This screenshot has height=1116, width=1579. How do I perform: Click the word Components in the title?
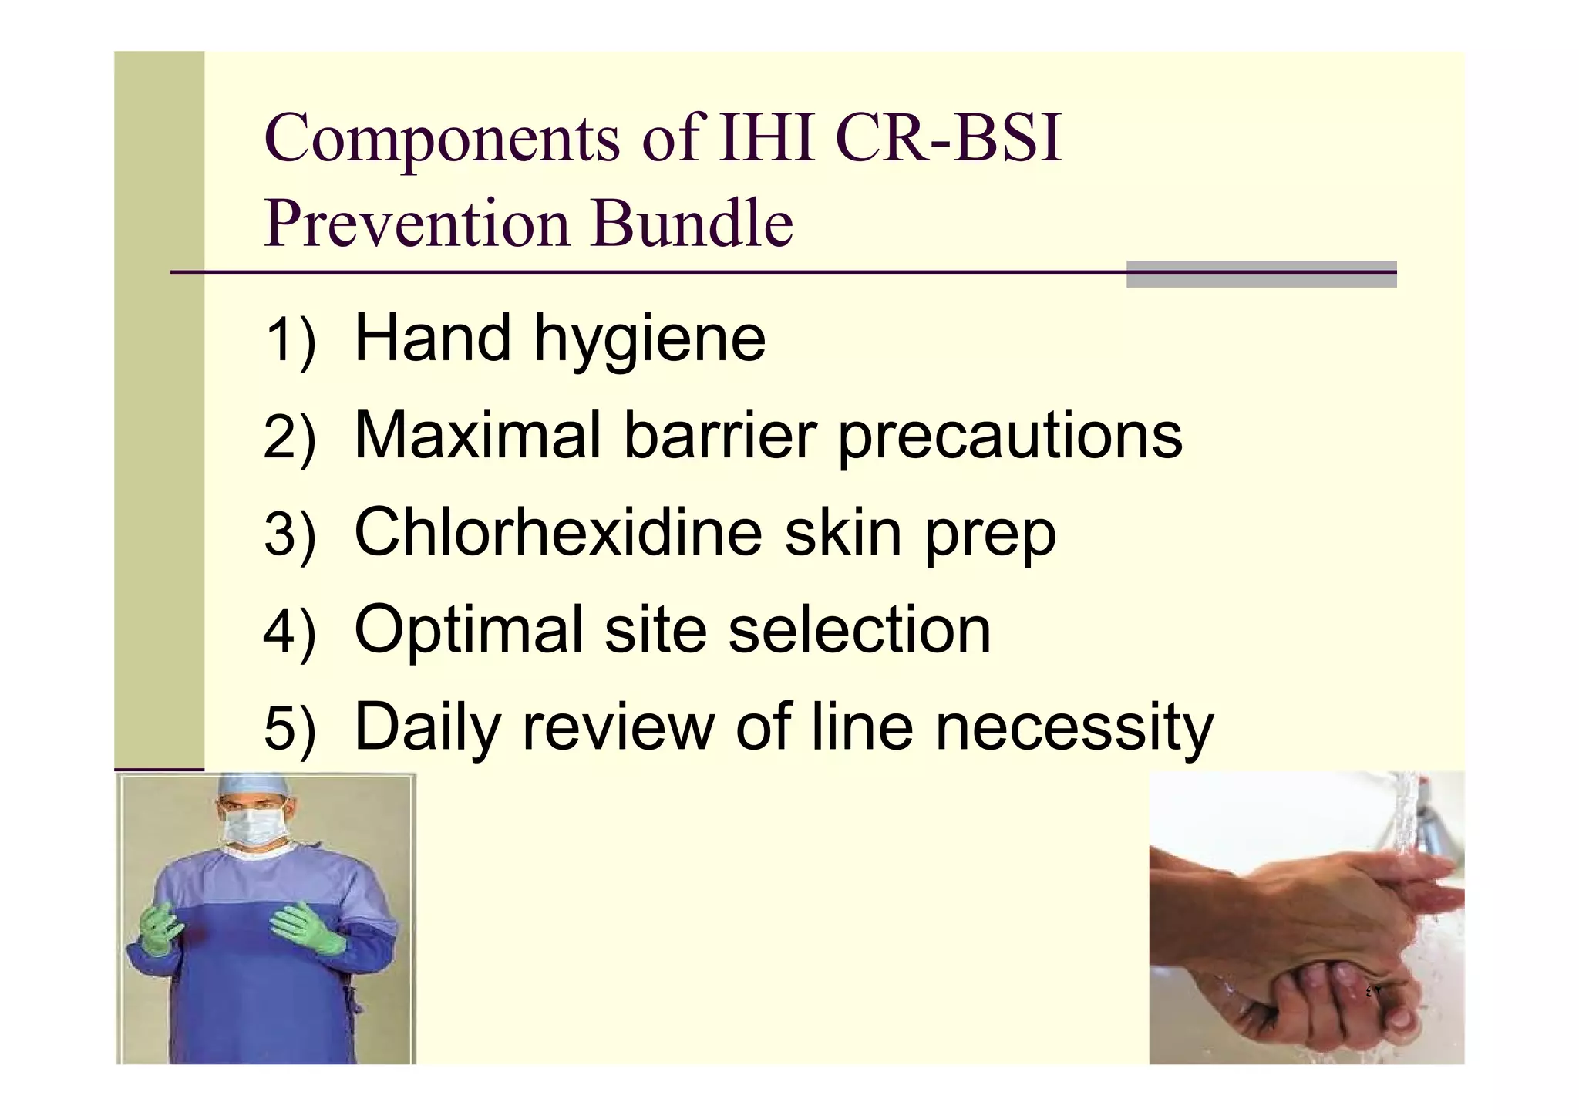click(x=442, y=139)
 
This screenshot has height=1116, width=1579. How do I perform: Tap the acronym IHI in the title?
click(x=766, y=139)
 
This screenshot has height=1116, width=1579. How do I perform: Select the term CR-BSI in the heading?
click(x=948, y=139)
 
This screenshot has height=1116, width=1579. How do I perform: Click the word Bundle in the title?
click(x=692, y=224)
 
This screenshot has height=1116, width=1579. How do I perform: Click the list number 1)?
click(x=289, y=340)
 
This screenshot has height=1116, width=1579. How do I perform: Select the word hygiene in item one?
click(x=649, y=340)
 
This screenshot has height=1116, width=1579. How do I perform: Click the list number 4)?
click(x=289, y=631)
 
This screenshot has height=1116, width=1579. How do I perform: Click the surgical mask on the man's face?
click(x=255, y=826)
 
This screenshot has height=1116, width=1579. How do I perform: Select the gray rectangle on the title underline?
click(x=1261, y=274)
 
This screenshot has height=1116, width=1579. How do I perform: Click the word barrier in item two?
click(x=719, y=436)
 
